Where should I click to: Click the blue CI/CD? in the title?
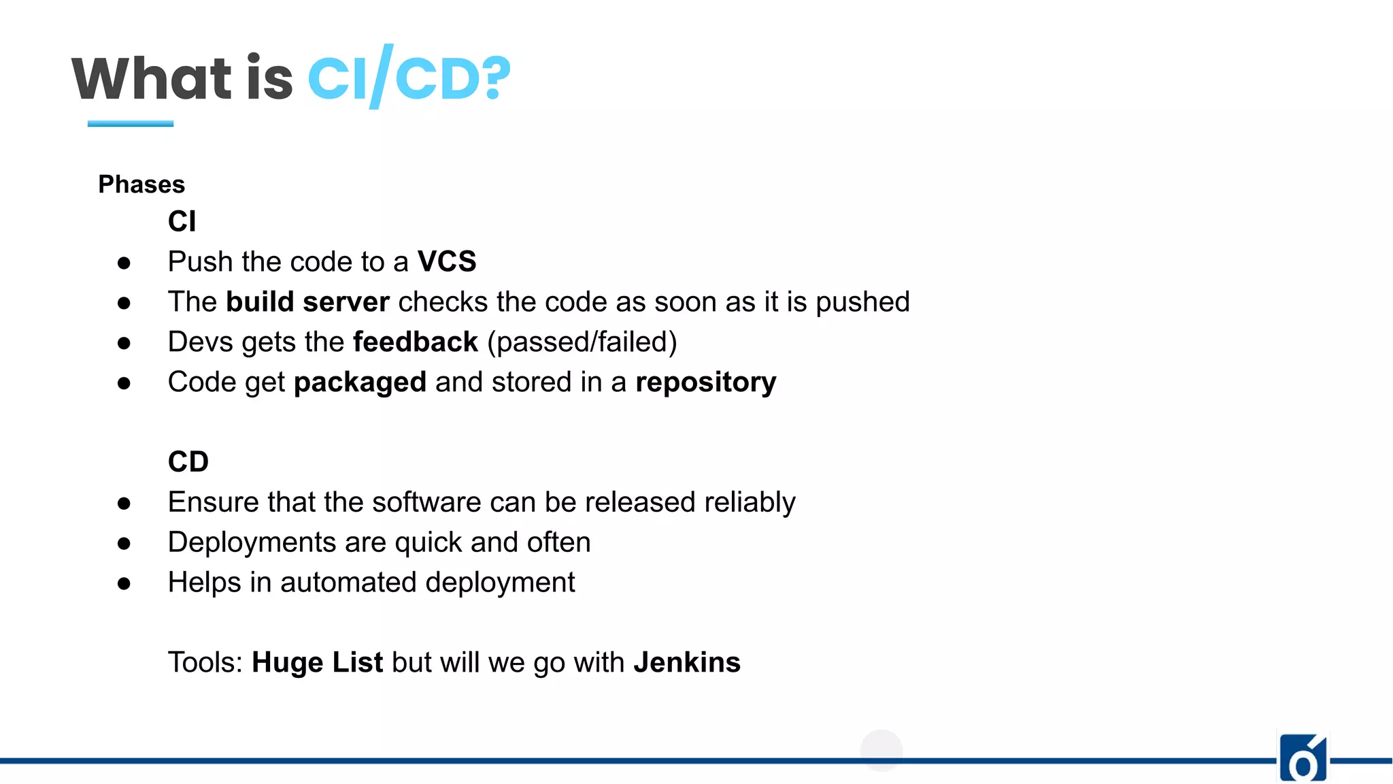tap(409, 78)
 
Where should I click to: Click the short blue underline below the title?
tap(130, 124)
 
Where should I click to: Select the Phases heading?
tap(141, 184)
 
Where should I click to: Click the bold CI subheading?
tap(182, 222)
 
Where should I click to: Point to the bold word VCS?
tap(447, 262)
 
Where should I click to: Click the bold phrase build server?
tap(307, 302)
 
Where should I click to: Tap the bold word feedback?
tap(416, 342)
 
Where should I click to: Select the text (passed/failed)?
tap(582, 342)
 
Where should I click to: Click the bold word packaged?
tap(360, 382)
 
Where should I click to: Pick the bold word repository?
tap(705, 382)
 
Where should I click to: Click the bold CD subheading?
tap(188, 462)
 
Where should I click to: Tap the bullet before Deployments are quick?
tap(124, 543)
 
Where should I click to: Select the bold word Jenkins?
tap(687, 662)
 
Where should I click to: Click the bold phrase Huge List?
tap(317, 662)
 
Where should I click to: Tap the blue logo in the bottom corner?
tap(1303, 758)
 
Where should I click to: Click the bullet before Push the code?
tap(124, 263)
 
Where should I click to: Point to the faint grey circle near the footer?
tap(881, 751)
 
